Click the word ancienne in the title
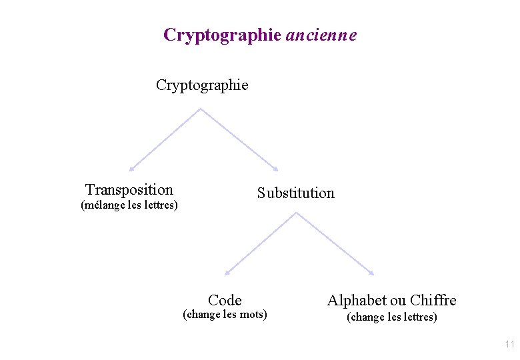pyautogui.click(x=321, y=35)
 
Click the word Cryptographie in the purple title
pyautogui.click(x=222, y=35)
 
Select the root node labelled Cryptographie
pyautogui.click(x=202, y=85)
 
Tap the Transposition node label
pyautogui.click(x=129, y=190)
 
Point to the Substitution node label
pyautogui.click(x=296, y=193)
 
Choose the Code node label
pyautogui.click(x=225, y=300)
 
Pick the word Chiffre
pyautogui.click(x=433, y=300)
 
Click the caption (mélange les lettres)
pyautogui.click(x=129, y=205)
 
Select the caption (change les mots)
pyautogui.click(x=225, y=315)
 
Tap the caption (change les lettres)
pyautogui.click(x=392, y=317)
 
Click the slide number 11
pyautogui.click(x=510, y=345)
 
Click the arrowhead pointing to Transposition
pyautogui.click(x=132, y=169)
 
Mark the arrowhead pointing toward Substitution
pyautogui.click(x=275, y=169)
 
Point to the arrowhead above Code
pyautogui.click(x=227, y=273)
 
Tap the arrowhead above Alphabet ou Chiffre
pyautogui.click(x=371, y=273)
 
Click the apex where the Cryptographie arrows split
pyautogui.click(x=200, y=109)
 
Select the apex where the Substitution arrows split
pyautogui.click(x=296, y=213)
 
